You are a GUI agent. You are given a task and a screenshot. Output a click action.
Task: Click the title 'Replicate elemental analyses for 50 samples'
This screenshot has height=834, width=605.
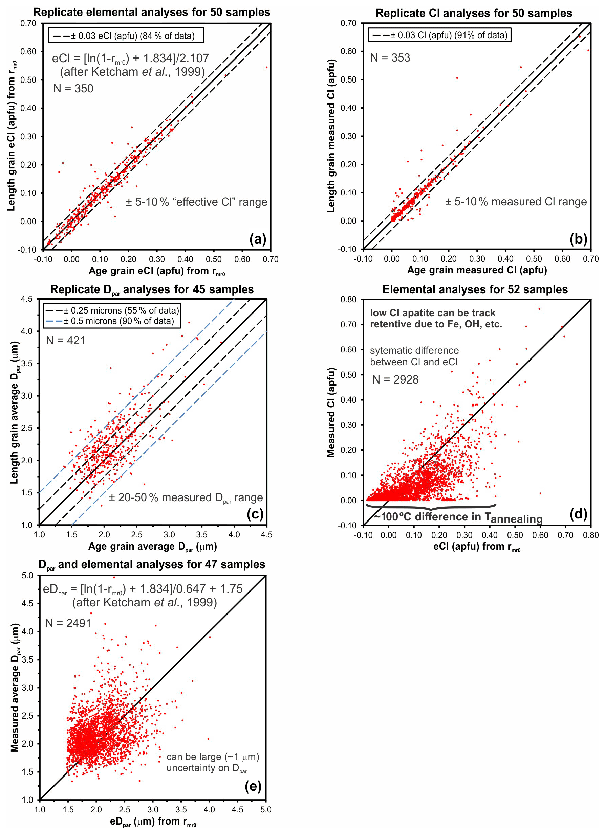click(x=152, y=12)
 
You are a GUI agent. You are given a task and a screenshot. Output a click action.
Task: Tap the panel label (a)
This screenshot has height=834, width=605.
click(x=258, y=239)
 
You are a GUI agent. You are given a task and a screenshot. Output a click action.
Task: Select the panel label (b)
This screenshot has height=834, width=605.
click(x=578, y=239)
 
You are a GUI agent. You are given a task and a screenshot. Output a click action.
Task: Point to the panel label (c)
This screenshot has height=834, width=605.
click(x=255, y=514)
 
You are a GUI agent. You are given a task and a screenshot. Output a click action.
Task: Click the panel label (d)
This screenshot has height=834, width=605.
click(x=578, y=514)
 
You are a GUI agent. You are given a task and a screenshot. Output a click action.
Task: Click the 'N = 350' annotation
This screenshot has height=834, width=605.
click(x=73, y=89)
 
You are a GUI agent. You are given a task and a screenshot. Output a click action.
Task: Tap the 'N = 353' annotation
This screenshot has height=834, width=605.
click(x=390, y=58)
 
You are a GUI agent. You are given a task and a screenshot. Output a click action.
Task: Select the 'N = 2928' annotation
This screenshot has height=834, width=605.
click(x=396, y=379)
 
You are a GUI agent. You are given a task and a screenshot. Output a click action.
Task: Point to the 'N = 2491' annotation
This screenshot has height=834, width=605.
click(x=68, y=623)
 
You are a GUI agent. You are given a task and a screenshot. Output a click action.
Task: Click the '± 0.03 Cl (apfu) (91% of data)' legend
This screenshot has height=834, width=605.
click(x=440, y=35)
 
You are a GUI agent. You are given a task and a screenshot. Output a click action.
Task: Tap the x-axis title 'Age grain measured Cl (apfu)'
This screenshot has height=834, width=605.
click(x=477, y=270)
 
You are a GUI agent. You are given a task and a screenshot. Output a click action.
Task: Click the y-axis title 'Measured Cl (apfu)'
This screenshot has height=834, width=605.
click(x=331, y=412)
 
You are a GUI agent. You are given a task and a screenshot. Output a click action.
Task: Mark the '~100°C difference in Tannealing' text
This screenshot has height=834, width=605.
click(x=458, y=517)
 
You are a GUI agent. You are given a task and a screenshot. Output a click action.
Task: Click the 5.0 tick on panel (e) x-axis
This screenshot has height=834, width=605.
click(x=266, y=810)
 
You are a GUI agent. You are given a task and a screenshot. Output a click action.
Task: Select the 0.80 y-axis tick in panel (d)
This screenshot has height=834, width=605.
click(x=348, y=299)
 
